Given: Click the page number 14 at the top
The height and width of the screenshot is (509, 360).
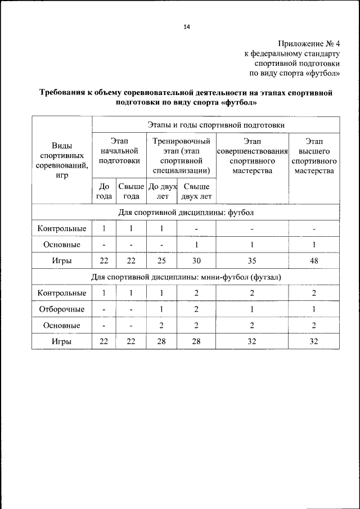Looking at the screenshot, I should point(186,26).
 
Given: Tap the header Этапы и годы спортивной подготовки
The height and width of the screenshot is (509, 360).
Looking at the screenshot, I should point(215,124).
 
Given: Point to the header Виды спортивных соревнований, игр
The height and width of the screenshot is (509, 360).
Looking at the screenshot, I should point(62,160).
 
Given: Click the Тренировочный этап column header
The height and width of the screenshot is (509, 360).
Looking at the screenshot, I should point(181,156).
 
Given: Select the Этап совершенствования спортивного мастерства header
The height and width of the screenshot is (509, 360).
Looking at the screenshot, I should point(252,156).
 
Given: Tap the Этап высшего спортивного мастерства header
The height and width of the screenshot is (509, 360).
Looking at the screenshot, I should point(314,156).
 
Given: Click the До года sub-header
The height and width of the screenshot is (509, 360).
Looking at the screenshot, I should point(104,191).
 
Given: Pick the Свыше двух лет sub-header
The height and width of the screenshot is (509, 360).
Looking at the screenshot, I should point(196,191).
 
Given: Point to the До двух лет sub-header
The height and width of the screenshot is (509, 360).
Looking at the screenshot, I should point(162,191).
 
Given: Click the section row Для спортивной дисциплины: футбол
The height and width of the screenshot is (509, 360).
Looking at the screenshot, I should point(186,213).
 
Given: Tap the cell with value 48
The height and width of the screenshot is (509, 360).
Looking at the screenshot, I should point(314,261).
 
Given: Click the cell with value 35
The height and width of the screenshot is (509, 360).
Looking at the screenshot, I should point(252,261).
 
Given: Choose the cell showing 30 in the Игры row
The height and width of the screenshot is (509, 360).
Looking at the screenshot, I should point(196,261).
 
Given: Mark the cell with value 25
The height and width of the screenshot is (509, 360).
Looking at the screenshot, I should point(162,261).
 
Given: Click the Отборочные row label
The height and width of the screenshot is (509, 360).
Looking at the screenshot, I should point(62,309).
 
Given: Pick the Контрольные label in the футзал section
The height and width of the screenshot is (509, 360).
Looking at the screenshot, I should point(62,293).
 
